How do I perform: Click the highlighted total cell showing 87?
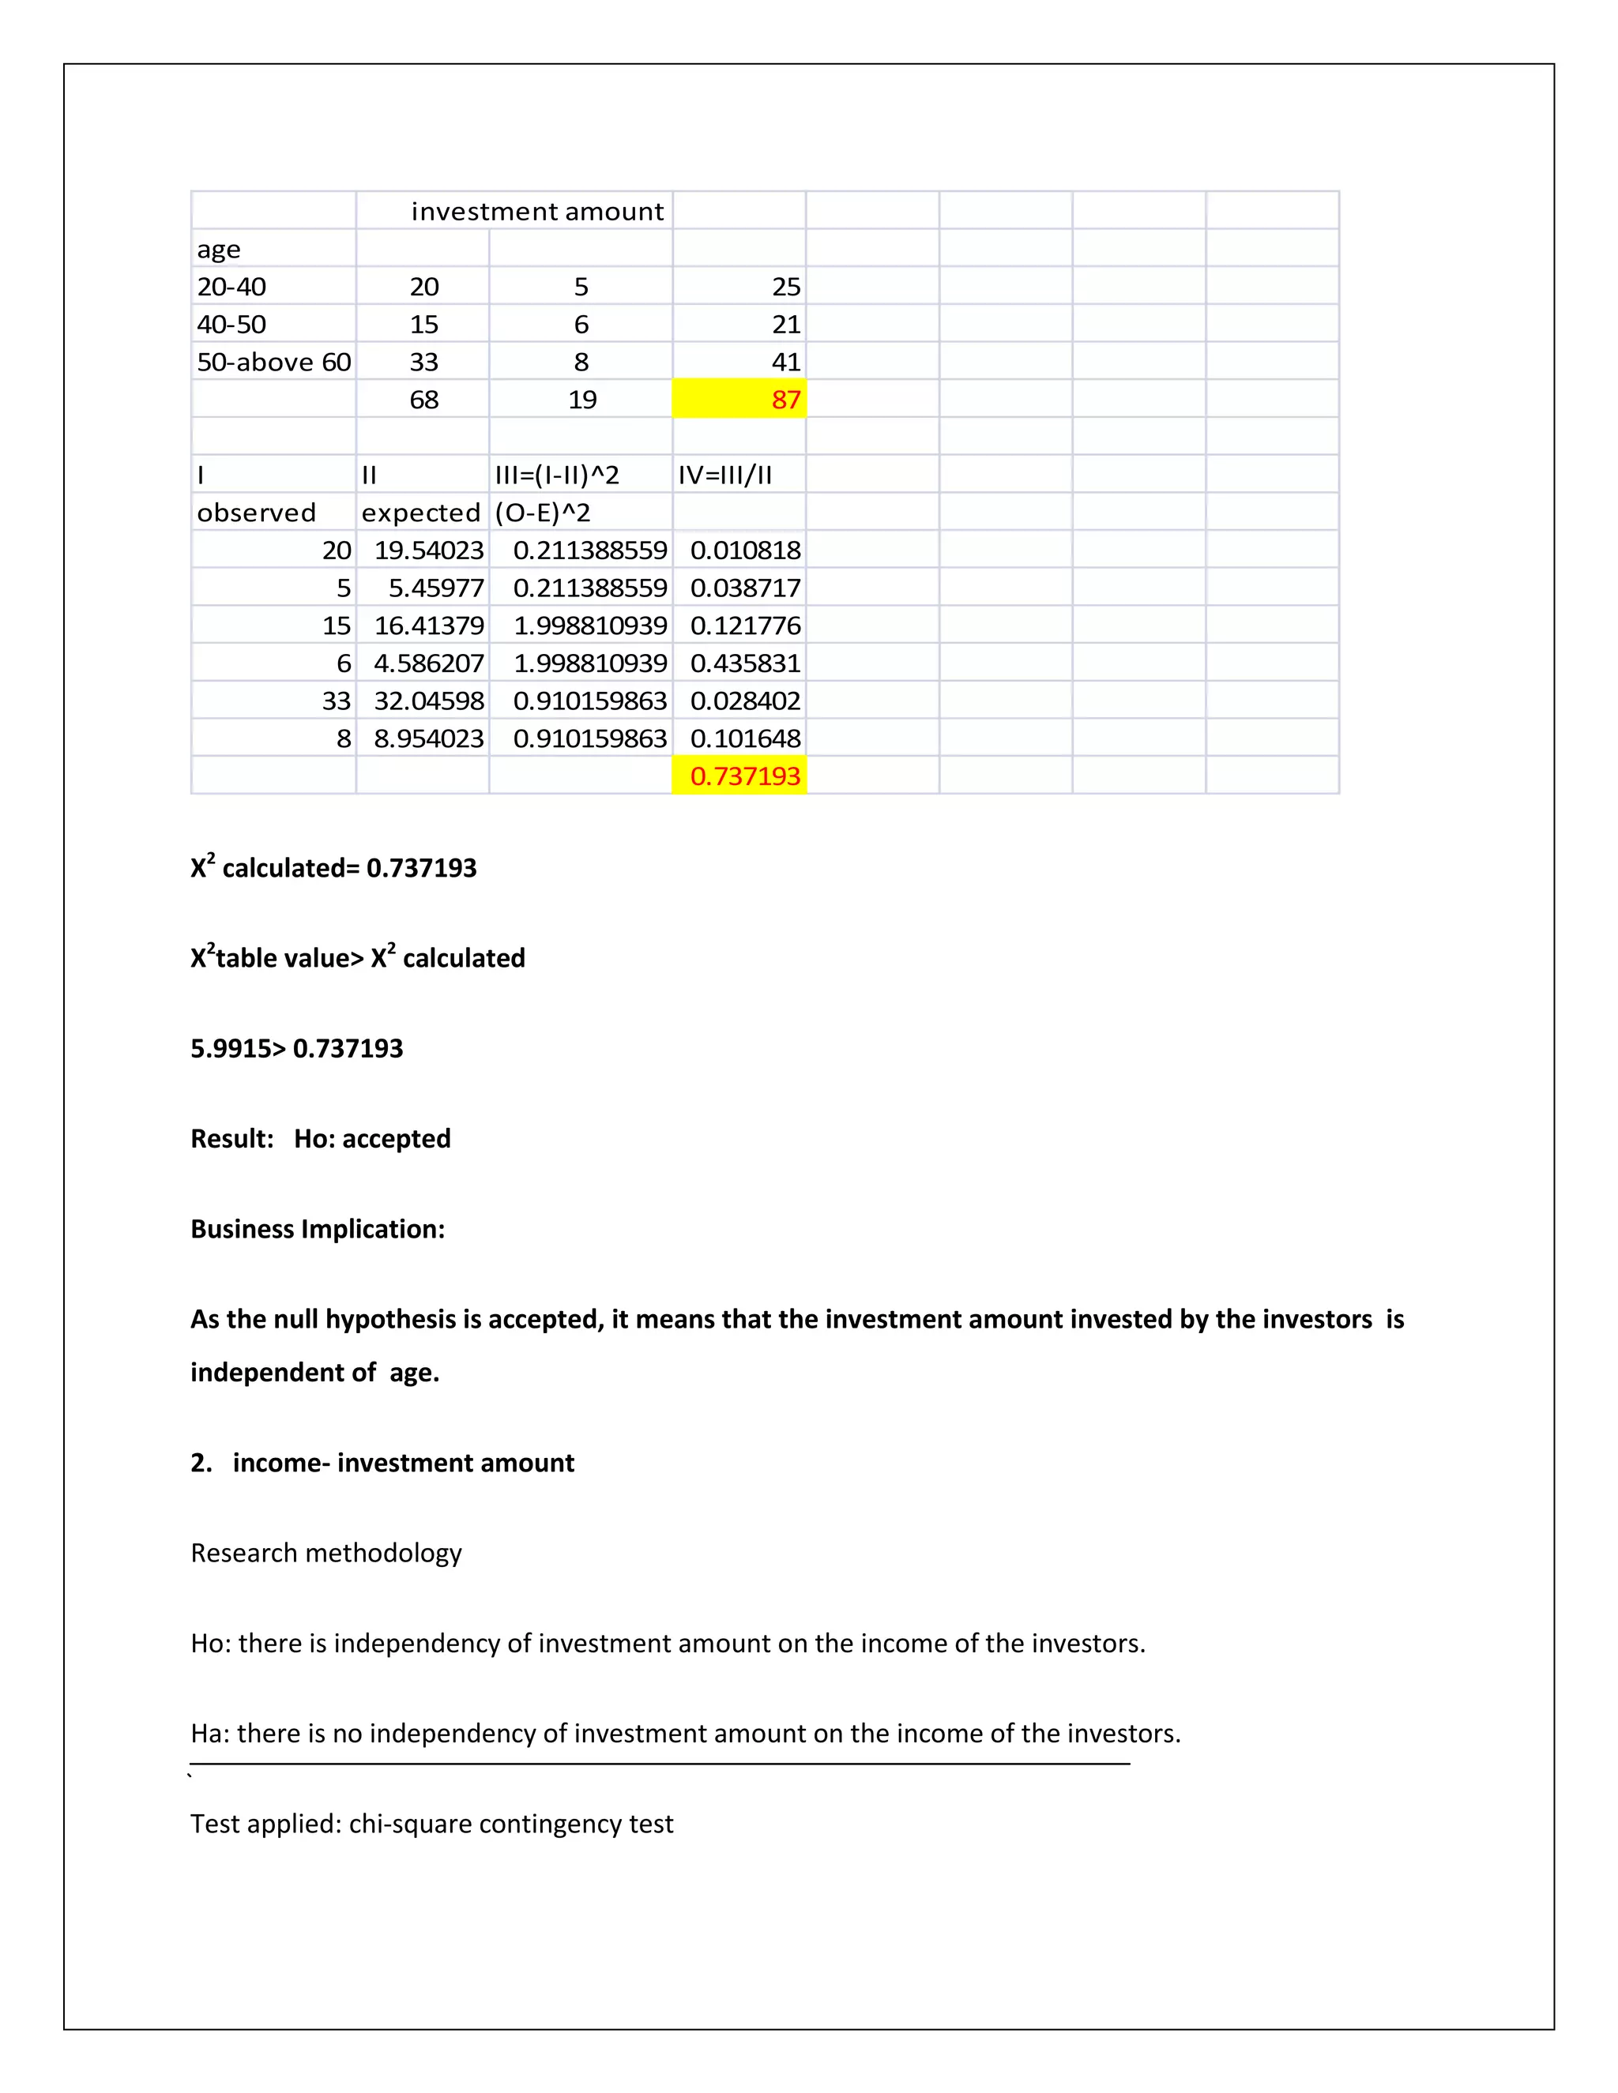785,400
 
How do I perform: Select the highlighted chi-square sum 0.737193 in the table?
745,776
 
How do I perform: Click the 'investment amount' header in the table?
536,211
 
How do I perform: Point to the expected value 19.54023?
428,550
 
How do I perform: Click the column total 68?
423,400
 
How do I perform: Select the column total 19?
581,400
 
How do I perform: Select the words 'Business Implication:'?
318,1230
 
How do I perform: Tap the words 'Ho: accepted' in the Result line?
372,1138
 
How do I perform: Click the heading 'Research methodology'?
326,1553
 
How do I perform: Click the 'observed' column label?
256,513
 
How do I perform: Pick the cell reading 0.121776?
745,626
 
